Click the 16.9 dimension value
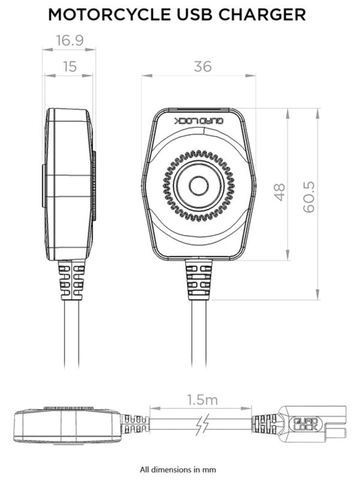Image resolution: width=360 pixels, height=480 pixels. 69,40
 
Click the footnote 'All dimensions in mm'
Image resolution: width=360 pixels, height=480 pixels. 178,469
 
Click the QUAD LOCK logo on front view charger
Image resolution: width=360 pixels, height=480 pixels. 199,121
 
